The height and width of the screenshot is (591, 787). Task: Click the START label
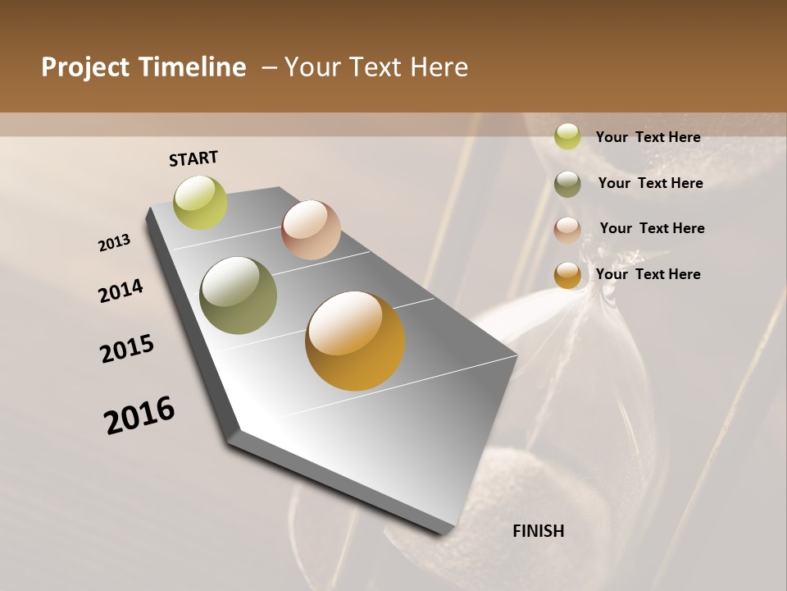pyautogui.click(x=193, y=158)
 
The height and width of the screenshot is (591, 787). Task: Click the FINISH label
pyautogui.click(x=538, y=531)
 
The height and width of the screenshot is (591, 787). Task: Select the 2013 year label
pyautogui.click(x=114, y=243)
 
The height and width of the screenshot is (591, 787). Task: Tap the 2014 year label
pyautogui.click(x=121, y=291)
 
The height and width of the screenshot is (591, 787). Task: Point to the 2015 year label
pyautogui.click(x=127, y=349)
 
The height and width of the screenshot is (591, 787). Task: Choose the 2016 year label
pyautogui.click(x=139, y=415)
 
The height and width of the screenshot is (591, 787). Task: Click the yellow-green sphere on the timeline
pyautogui.click(x=200, y=202)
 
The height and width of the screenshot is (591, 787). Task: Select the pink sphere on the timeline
pyautogui.click(x=311, y=230)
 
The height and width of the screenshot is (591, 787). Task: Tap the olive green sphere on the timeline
pyautogui.click(x=238, y=295)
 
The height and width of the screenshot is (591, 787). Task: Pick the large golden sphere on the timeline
pyautogui.click(x=355, y=341)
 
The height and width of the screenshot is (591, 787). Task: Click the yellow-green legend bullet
pyautogui.click(x=567, y=136)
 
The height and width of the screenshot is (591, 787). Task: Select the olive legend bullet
pyautogui.click(x=567, y=184)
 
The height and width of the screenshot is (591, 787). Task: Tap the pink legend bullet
pyautogui.click(x=567, y=230)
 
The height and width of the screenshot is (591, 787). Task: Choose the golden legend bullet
pyautogui.click(x=567, y=275)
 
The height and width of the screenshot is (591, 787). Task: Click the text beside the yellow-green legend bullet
pyautogui.click(x=648, y=137)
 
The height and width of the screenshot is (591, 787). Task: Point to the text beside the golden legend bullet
pyautogui.click(x=648, y=274)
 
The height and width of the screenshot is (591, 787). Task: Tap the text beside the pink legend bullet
pyautogui.click(x=652, y=228)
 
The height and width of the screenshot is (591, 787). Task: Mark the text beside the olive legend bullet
pyautogui.click(x=650, y=183)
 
